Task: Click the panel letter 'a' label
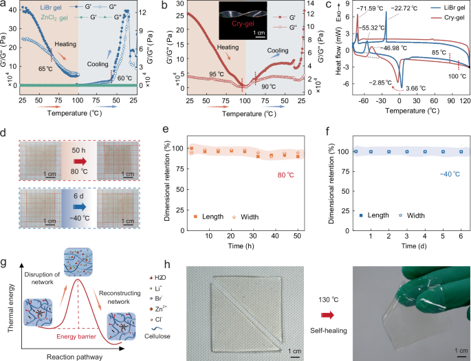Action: pyautogui.click(x=4, y=6)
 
